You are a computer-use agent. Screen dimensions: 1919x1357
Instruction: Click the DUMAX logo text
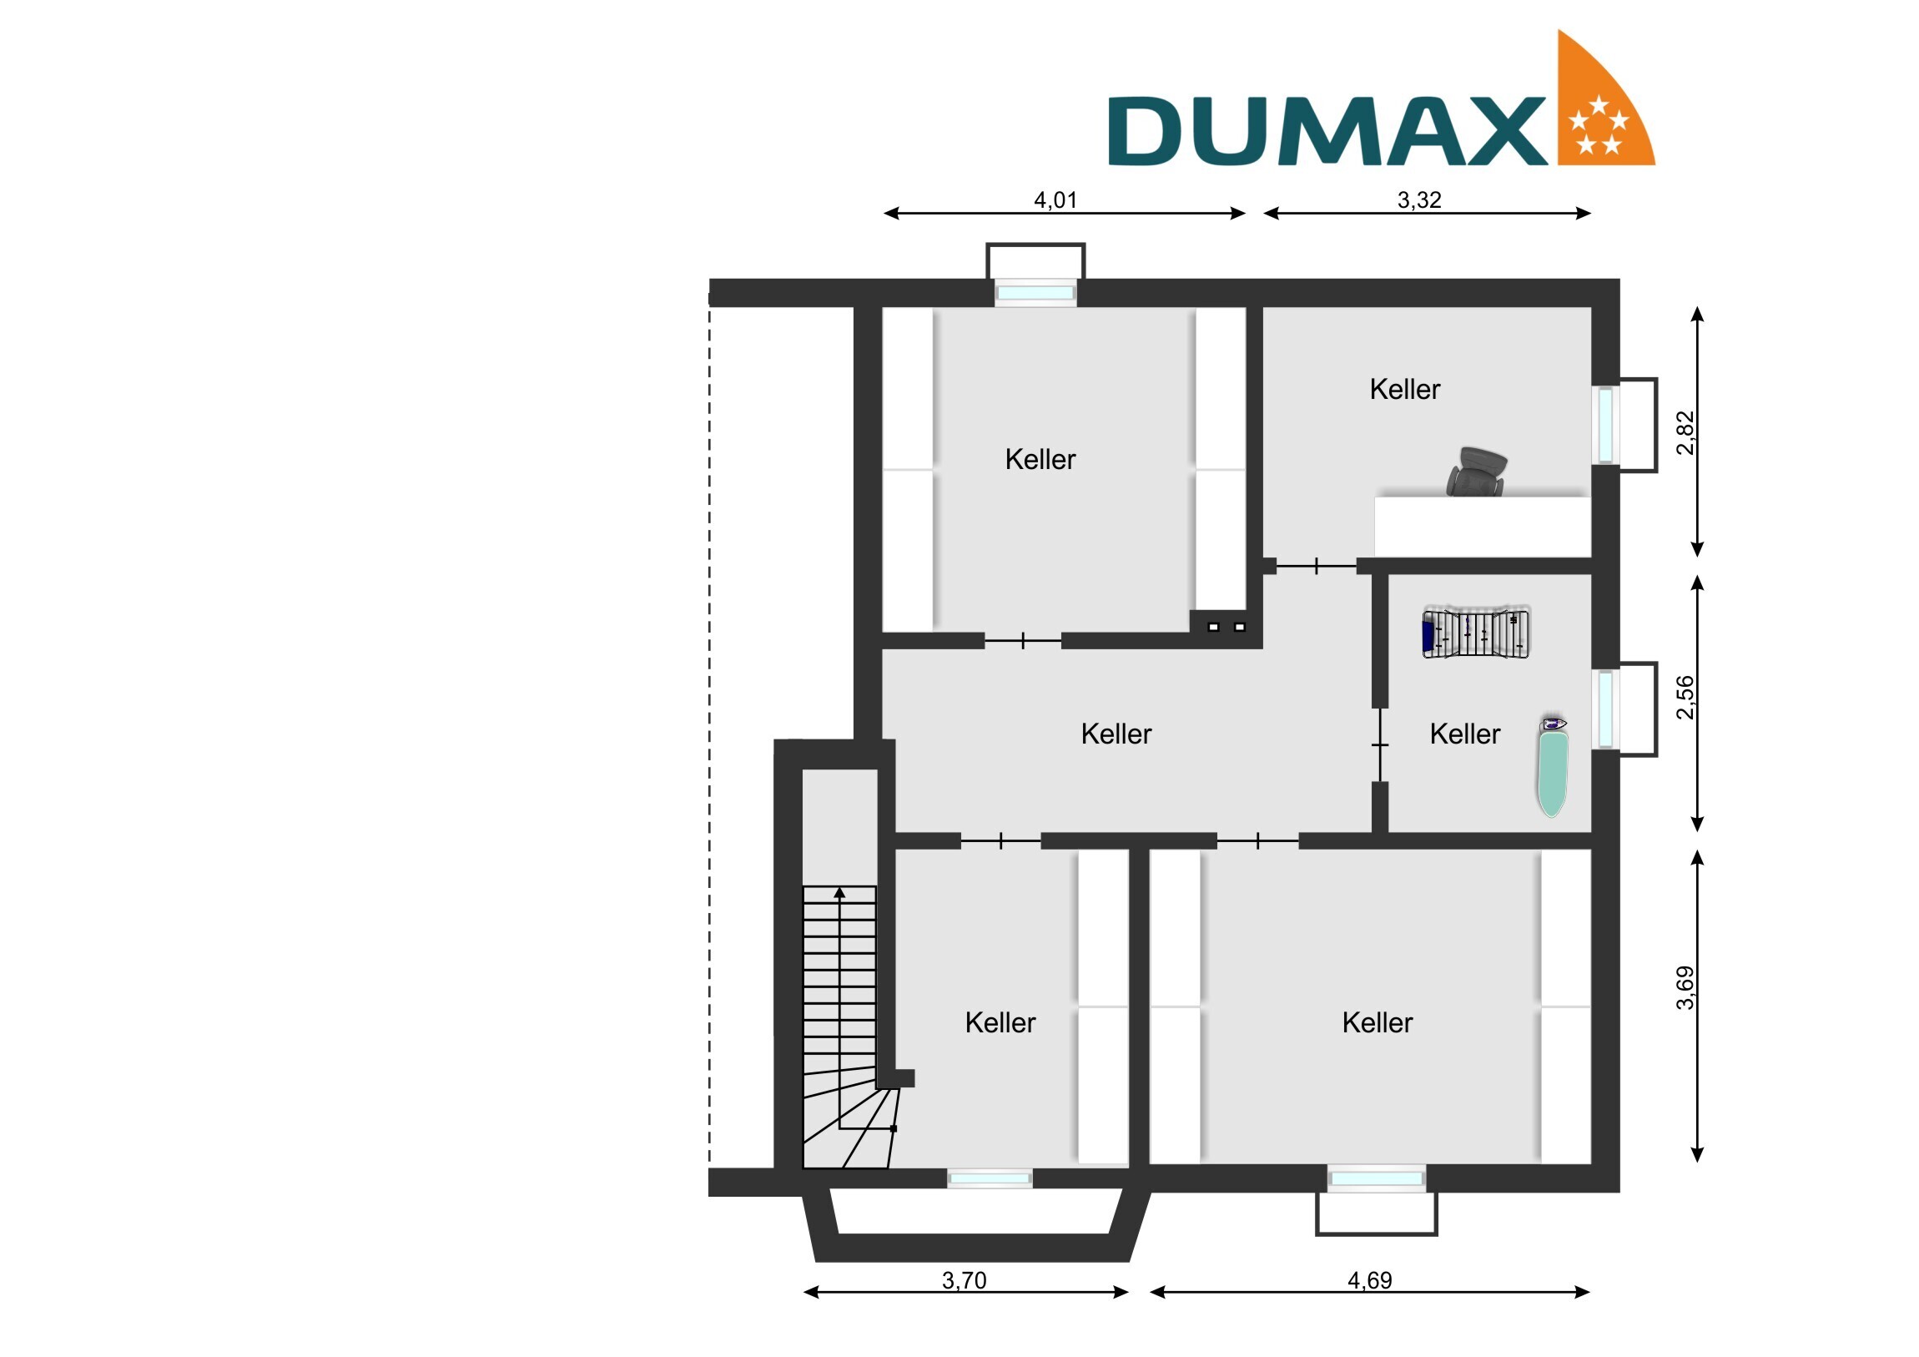point(1327,131)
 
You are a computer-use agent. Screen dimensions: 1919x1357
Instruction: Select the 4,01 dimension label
point(1055,199)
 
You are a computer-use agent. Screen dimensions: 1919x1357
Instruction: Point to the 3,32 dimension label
point(1419,199)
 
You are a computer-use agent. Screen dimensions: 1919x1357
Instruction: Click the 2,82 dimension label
point(1686,432)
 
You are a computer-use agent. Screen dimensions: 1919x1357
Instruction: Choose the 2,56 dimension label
point(1686,697)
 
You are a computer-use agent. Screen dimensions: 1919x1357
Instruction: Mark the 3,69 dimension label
point(1686,987)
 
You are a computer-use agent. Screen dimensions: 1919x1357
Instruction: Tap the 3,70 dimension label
point(964,1280)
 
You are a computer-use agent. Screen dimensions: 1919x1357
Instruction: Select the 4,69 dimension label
point(1370,1280)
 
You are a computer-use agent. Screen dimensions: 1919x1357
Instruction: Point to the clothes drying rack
point(1476,633)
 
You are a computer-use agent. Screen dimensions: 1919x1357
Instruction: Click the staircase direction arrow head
point(839,893)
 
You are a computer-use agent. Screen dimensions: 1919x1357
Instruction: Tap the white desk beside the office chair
point(1483,527)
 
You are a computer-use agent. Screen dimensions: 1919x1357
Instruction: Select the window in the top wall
point(1035,293)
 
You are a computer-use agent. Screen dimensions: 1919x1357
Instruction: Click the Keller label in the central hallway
point(1116,734)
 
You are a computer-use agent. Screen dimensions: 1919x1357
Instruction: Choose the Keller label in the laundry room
point(1464,734)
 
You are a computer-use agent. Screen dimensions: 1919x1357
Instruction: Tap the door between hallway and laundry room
point(1379,745)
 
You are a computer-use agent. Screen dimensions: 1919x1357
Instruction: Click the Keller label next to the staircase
point(1000,1022)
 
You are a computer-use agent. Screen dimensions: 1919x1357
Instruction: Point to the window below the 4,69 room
point(1377,1178)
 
